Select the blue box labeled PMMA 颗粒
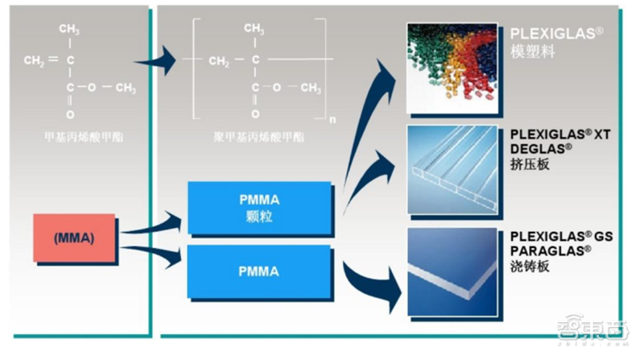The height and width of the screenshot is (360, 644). click(258, 208)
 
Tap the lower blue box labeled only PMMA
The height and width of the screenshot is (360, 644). click(258, 271)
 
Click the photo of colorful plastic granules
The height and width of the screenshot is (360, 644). click(452, 68)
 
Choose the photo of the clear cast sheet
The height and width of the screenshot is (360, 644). click(452, 270)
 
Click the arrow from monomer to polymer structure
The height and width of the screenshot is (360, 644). click(159, 59)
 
